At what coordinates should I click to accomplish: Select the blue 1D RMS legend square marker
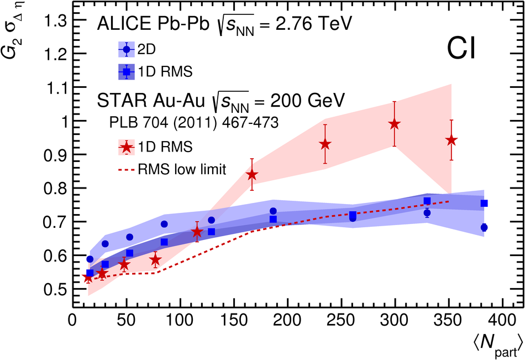point(127,71)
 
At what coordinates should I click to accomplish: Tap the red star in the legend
point(127,147)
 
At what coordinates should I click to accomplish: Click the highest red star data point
point(394,124)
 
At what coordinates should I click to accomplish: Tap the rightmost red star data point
point(452,140)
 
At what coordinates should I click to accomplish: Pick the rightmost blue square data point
point(484,204)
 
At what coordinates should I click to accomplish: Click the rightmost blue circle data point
point(484,227)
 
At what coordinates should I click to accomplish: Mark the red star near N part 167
point(252,175)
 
